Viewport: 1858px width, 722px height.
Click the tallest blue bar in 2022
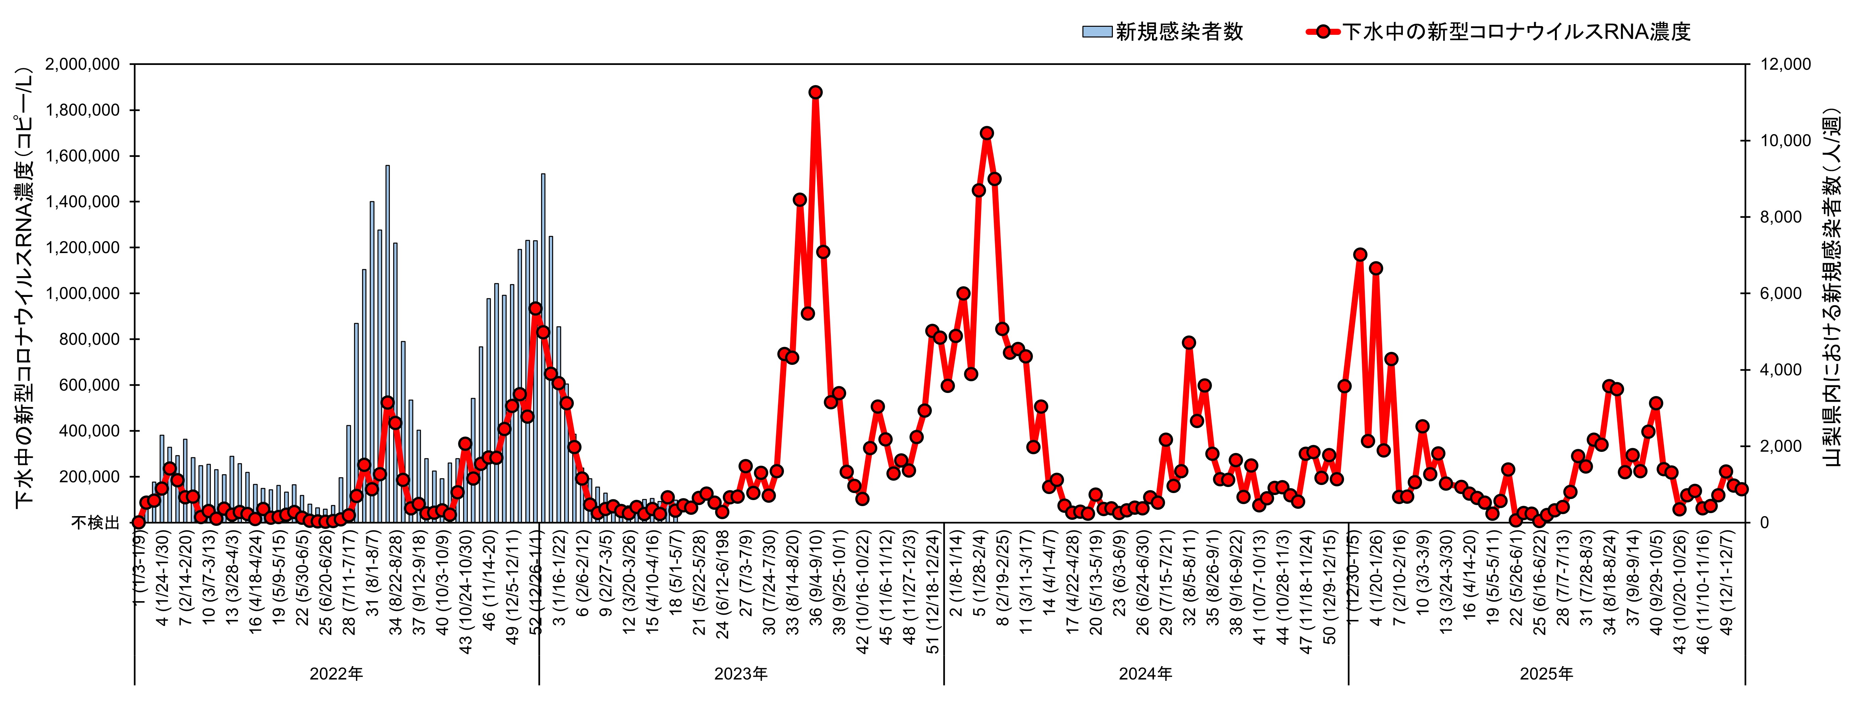(387, 346)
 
